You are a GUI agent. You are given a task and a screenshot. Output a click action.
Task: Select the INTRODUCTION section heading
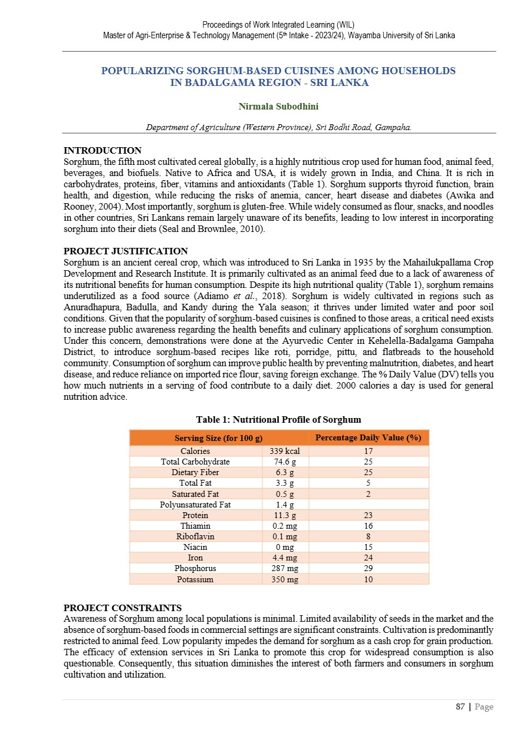(102, 151)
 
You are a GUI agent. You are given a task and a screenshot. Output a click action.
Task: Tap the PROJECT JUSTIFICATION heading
(126, 251)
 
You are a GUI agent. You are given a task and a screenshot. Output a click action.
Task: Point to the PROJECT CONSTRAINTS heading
(122, 608)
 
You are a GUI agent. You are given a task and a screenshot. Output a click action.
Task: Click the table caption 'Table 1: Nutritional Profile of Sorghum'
(278, 420)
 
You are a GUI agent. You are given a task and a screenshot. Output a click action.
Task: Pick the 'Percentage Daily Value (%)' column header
(368, 437)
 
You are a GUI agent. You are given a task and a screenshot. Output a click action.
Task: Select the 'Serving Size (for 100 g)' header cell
(218, 438)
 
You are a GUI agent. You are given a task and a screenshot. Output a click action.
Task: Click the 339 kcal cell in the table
(285, 452)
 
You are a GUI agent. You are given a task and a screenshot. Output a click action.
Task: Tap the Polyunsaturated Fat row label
(195, 505)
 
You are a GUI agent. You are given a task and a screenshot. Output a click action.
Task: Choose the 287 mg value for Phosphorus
(285, 568)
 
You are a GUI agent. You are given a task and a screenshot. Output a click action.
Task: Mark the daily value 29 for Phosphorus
(368, 568)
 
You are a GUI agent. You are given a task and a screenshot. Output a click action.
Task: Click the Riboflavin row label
(195, 536)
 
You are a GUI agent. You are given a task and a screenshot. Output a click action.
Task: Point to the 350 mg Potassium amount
(285, 579)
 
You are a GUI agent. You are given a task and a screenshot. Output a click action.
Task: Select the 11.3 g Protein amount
(285, 515)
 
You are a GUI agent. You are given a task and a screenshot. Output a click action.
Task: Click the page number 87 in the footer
(461, 707)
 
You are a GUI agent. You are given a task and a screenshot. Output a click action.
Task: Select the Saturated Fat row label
(195, 494)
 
